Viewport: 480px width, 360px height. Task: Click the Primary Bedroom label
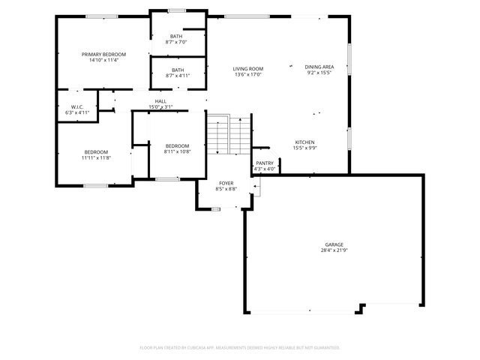(x=103, y=54)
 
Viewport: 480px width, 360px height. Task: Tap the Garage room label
(x=334, y=244)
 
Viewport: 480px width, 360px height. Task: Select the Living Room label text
(x=249, y=68)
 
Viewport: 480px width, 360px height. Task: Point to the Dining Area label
(x=319, y=67)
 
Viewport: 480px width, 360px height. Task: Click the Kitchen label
(x=304, y=142)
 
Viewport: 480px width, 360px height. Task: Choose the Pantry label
(x=265, y=163)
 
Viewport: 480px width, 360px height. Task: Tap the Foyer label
(x=226, y=183)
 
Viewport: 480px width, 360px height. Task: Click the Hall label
(x=160, y=101)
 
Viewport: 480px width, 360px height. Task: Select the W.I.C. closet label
(x=76, y=106)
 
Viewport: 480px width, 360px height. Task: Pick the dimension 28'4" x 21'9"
(x=334, y=250)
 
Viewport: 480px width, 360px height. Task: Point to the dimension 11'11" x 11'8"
(x=96, y=158)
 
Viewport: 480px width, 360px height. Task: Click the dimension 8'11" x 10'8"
(x=177, y=151)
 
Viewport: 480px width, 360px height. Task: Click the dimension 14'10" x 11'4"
(x=103, y=60)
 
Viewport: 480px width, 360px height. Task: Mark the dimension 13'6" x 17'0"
(x=249, y=74)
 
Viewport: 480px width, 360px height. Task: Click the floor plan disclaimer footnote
(x=240, y=348)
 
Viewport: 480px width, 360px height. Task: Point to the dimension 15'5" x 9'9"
(x=304, y=148)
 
